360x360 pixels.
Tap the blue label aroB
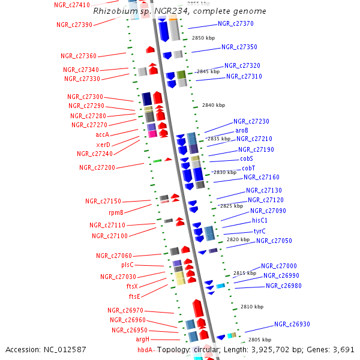(x=242, y=130)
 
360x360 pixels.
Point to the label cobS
(x=247, y=158)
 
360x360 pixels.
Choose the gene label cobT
(x=248, y=168)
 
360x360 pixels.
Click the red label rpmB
(x=116, y=212)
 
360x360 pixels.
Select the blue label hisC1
(x=260, y=220)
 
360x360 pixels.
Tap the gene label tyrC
(x=259, y=231)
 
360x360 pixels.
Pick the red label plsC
(x=127, y=265)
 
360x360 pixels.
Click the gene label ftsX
(x=132, y=286)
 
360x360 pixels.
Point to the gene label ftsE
(x=134, y=296)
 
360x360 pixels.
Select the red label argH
(x=139, y=340)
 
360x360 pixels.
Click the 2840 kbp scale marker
(x=214, y=105)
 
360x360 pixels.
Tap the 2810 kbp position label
(x=251, y=307)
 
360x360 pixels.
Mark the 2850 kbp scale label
(x=203, y=38)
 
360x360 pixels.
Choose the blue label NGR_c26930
(x=292, y=324)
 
